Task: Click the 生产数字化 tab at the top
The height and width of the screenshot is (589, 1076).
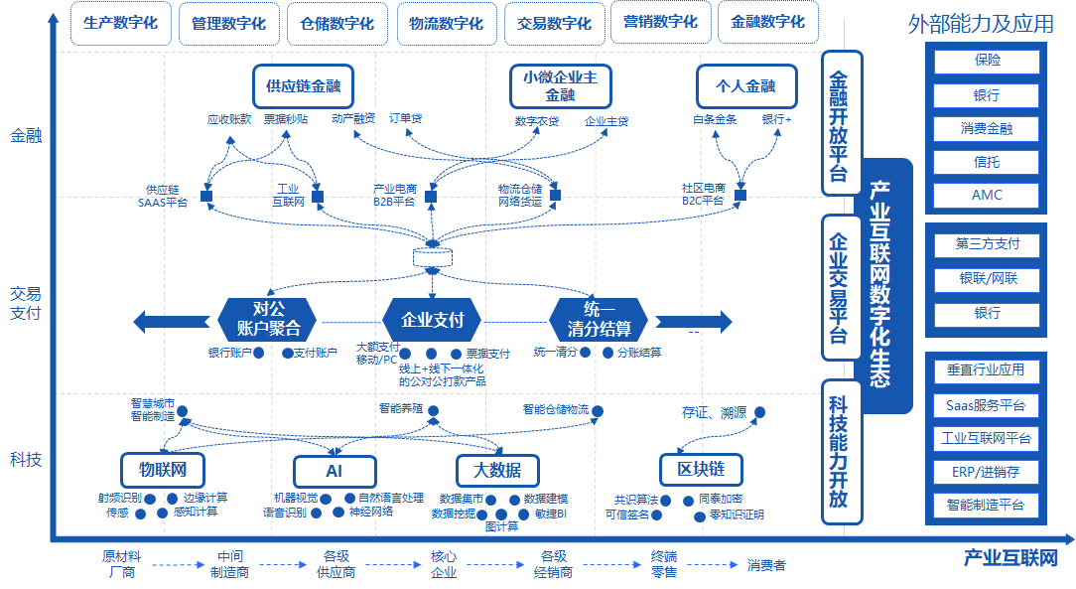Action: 120,24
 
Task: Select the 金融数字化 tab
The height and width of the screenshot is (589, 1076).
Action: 767,22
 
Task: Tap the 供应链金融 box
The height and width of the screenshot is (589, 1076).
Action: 303,86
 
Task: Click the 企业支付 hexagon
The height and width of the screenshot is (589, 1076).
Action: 432,321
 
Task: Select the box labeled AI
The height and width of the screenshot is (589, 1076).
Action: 334,471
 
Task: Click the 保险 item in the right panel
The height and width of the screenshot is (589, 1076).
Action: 987,61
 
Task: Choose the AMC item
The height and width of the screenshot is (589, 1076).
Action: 987,195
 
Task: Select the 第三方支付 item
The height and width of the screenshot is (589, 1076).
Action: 987,244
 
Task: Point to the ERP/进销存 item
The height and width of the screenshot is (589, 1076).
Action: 987,471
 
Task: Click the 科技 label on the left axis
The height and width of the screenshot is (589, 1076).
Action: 26,459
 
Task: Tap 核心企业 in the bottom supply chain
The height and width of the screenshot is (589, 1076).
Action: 444,564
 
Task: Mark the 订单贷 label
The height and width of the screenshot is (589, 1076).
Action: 405,118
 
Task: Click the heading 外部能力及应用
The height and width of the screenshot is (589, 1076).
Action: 981,23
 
